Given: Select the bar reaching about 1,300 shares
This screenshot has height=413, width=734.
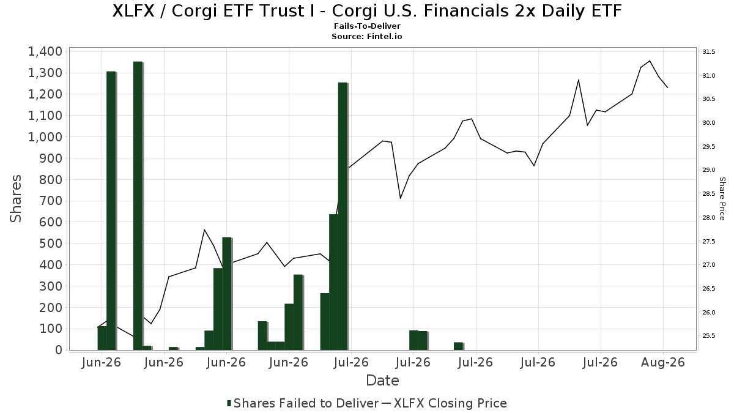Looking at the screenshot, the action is click(111, 210).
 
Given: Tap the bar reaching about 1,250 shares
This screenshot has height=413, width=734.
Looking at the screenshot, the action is click(343, 217).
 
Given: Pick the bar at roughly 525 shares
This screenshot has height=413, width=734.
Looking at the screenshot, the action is click(227, 294).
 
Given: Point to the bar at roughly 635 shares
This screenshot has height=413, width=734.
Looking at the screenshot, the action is click(333, 282).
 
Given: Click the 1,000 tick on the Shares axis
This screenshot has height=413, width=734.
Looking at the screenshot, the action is click(45, 137).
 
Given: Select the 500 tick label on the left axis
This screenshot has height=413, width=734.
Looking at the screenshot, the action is click(50, 244).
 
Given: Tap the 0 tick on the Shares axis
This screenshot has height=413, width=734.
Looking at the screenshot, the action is click(59, 350).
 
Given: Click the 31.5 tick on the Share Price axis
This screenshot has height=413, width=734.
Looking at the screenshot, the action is click(708, 52).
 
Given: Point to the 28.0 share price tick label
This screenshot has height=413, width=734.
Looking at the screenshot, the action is click(708, 218).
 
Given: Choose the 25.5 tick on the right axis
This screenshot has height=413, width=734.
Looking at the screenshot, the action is click(708, 336).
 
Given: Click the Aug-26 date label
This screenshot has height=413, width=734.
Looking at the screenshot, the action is click(663, 362).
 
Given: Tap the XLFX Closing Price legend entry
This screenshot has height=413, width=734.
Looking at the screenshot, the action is click(444, 403).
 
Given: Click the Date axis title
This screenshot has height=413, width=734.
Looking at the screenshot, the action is click(382, 381).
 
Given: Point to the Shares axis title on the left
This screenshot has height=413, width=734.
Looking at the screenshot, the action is click(15, 199).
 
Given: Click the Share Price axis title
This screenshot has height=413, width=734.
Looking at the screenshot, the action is click(722, 199).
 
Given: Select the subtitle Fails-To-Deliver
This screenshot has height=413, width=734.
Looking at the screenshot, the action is click(367, 26).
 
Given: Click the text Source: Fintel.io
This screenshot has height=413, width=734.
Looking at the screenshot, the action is click(366, 36).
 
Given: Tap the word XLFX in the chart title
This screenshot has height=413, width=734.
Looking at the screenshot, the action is click(133, 11).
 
